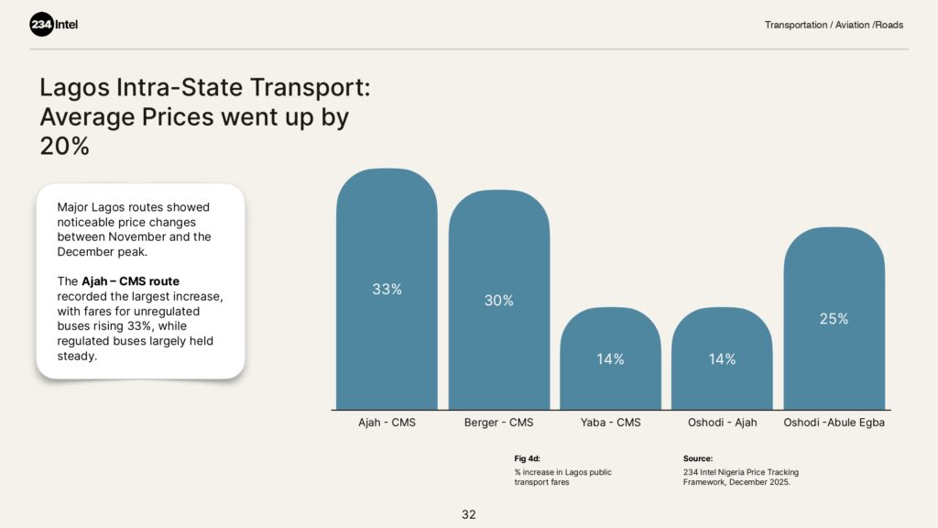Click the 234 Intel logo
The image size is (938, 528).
[x=54, y=25]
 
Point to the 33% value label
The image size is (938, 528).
[x=387, y=290]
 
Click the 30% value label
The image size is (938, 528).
[x=499, y=301]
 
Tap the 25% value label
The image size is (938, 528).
[x=834, y=319]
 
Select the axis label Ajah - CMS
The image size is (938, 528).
[x=387, y=423]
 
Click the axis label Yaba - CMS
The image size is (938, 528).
[x=610, y=423]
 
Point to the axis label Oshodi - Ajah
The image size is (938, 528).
[x=722, y=423]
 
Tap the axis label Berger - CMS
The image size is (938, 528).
[x=499, y=423]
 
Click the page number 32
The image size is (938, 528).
[x=469, y=514]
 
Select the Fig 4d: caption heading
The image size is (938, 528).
[x=527, y=458]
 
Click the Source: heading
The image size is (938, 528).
[x=698, y=458]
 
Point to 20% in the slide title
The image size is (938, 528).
[x=64, y=146]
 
